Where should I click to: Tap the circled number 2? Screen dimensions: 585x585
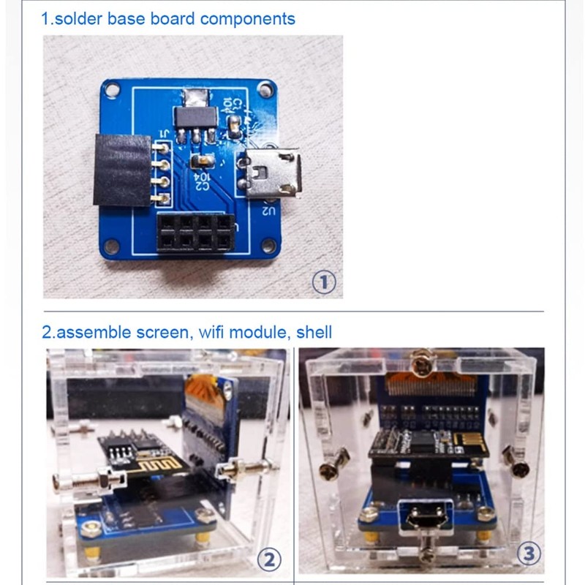point(269,560)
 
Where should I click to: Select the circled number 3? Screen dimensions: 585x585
point(529,555)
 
